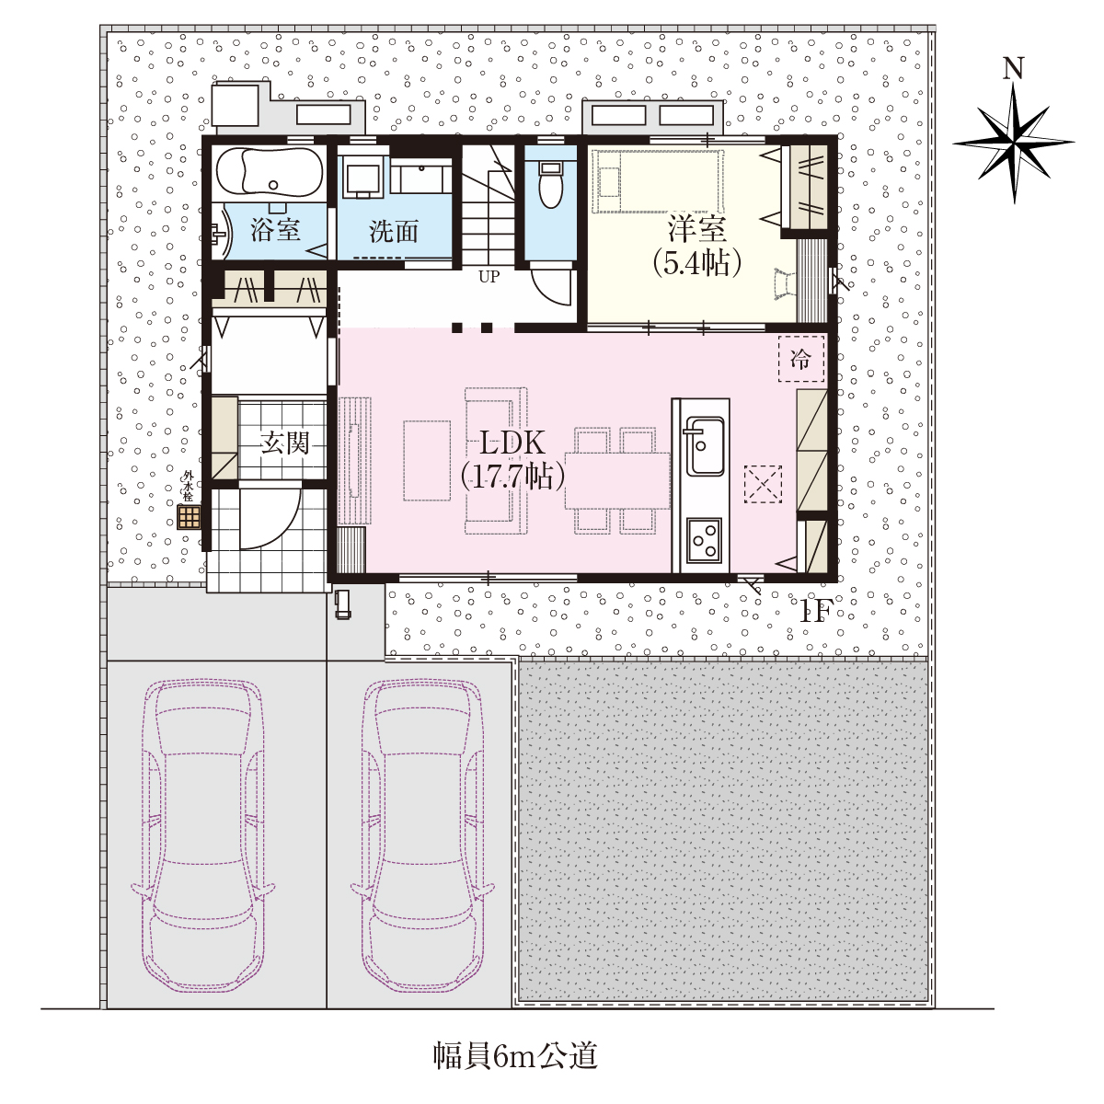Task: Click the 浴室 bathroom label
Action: point(275,230)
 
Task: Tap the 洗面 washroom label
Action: point(393,231)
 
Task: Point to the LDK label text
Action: point(512,443)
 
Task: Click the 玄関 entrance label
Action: point(284,443)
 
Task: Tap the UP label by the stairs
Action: point(489,277)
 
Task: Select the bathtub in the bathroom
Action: point(269,172)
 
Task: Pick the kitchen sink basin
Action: point(704,445)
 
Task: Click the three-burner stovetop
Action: point(704,540)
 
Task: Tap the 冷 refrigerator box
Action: point(800,359)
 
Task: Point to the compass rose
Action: point(1014,143)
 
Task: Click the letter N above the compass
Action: point(1014,69)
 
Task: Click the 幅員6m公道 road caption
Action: point(514,1056)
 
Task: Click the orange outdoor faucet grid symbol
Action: point(189,517)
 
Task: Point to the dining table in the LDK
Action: point(617,480)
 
